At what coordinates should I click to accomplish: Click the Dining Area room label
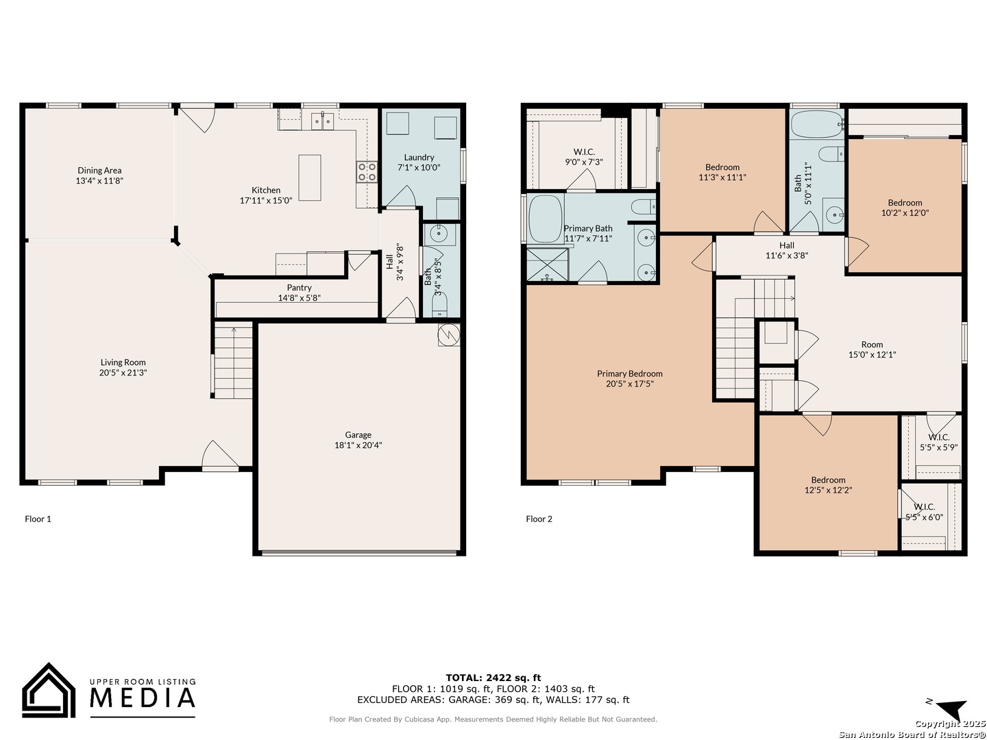[99, 175]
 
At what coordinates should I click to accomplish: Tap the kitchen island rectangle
[309, 177]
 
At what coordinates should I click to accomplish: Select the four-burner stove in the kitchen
[367, 172]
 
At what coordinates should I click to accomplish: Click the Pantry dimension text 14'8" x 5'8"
[299, 297]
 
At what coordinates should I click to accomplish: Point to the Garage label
[358, 434]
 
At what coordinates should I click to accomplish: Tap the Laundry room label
[419, 158]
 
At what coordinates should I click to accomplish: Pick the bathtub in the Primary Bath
[544, 219]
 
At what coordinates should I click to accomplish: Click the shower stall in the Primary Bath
[547, 264]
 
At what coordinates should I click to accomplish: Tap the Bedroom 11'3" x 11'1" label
[722, 172]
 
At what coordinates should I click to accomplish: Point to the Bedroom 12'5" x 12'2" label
[828, 485]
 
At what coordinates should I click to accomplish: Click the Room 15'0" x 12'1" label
[872, 349]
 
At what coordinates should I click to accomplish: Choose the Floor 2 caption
[539, 519]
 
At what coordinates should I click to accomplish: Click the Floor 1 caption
[38, 519]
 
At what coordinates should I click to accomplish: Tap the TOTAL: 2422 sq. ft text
[493, 678]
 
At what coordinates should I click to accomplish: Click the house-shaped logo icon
[49, 690]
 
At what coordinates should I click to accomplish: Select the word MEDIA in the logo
[143, 698]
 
